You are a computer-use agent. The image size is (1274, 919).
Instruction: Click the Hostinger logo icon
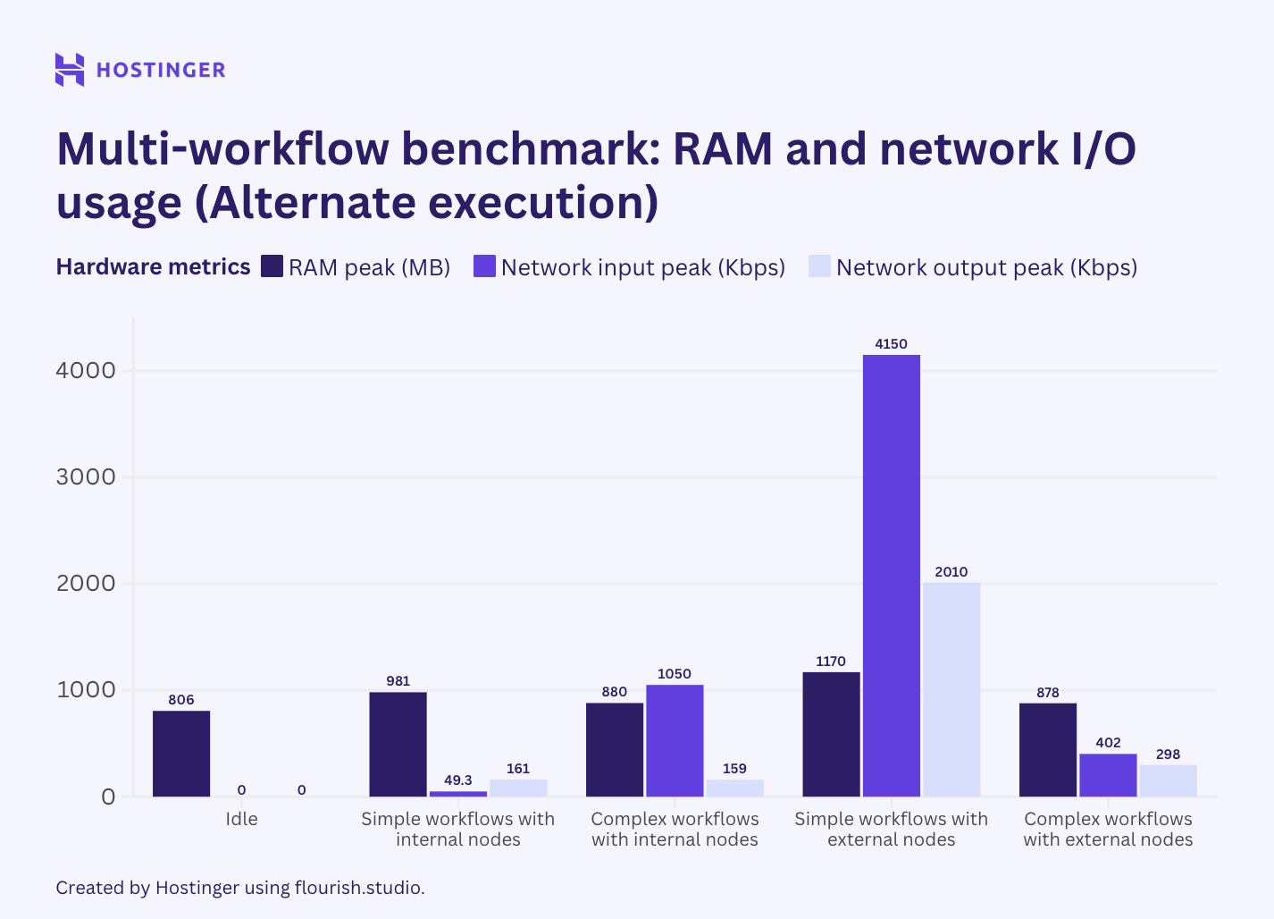pyautogui.click(x=70, y=70)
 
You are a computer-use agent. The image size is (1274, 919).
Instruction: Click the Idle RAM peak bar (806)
pyautogui.click(x=181, y=754)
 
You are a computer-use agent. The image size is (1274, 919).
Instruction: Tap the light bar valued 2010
pyautogui.click(x=951, y=689)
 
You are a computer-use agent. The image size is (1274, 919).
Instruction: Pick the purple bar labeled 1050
pyautogui.click(x=675, y=740)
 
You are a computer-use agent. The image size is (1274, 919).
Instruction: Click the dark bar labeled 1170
pyautogui.click(x=831, y=734)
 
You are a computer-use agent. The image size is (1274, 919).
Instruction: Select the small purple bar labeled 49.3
pyautogui.click(x=458, y=793)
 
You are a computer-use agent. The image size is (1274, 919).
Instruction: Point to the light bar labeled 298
pyautogui.click(x=1168, y=780)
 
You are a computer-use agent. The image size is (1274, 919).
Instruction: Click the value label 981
pyautogui.click(x=398, y=681)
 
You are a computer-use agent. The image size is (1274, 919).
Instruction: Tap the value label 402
pyautogui.click(x=1108, y=743)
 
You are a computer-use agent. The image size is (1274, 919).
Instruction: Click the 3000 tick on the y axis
pyautogui.click(x=86, y=476)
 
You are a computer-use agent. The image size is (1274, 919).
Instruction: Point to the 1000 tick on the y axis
pyautogui.click(x=86, y=689)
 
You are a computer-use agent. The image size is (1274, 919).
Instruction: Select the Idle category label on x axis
pyautogui.click(x=241, y=819)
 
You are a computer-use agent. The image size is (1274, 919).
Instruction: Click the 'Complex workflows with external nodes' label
pyautogui.click(x=1108, y=830)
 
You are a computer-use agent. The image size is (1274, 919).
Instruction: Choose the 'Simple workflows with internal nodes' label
pyautogui.click(x=457, y=830)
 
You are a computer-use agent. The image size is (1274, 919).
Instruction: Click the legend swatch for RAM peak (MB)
pyautogui.click(x=272, y=266)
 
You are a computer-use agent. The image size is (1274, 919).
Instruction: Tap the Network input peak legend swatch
pyautogui.click(x=484, y=266)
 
